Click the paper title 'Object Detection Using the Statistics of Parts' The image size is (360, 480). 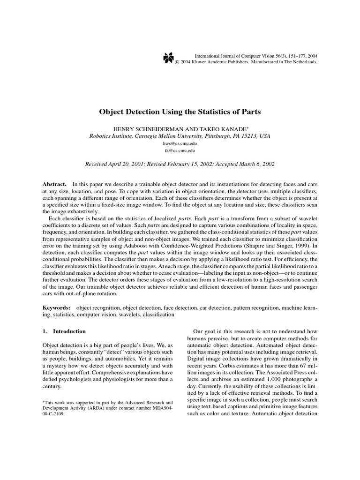pos(180,112)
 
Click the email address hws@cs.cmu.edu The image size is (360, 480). pos(180,143)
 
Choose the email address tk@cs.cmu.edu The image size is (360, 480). pos(180,151)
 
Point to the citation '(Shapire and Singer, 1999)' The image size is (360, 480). pos(273,245)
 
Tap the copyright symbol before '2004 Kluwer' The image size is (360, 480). pos(177,62)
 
